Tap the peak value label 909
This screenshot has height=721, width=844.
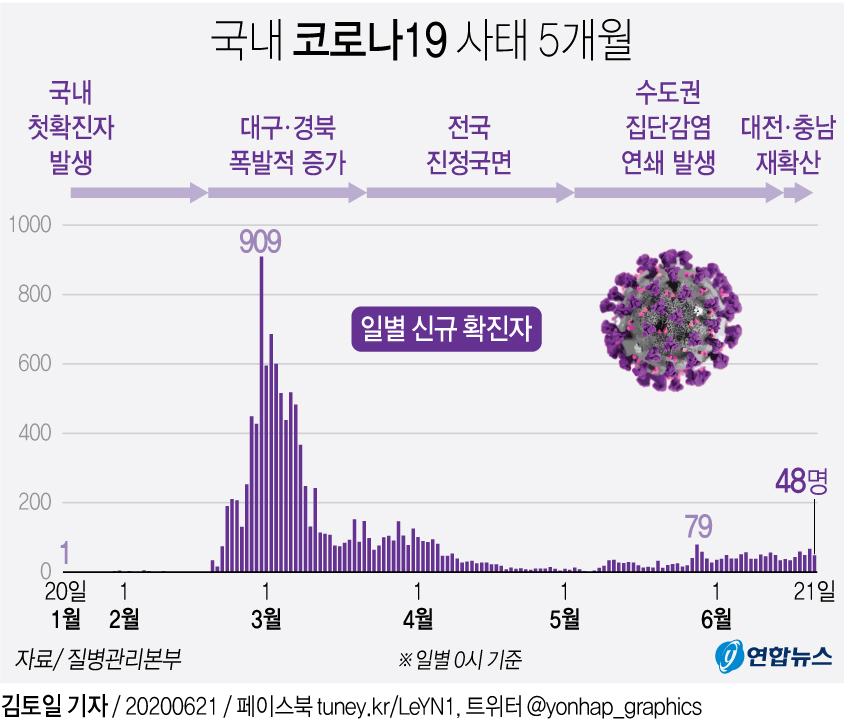coord(260,240)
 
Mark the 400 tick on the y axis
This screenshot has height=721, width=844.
coord(31,433)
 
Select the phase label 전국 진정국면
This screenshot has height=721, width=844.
coord(469,145)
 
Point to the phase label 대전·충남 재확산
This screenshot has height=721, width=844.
coord(788,145)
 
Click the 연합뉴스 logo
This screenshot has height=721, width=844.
coord(774,655)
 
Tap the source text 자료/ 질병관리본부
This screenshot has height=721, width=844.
coord(98,659)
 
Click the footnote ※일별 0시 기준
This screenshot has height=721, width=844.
coord(460,660)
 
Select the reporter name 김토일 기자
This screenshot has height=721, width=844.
coord(54,704)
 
